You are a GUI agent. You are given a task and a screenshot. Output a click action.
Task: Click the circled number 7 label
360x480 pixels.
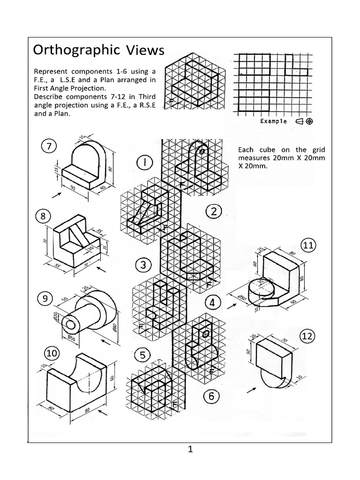tap(49, 147)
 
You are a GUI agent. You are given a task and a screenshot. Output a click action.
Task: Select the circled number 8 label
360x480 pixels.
tap(44, 217)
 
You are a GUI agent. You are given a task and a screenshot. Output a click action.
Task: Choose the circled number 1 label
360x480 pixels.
tap(145, 164)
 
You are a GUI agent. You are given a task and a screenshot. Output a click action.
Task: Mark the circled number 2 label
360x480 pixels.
tap(213, 212)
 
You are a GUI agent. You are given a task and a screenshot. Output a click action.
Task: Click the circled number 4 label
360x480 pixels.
tap(213, 303)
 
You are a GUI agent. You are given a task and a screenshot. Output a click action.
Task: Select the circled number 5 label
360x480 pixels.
tap(142, 354)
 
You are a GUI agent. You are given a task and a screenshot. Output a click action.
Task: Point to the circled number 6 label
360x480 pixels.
tap(211, 397)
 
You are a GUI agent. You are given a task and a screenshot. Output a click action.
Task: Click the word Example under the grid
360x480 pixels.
tap(273, 121)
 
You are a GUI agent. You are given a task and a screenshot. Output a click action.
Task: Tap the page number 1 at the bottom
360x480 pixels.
tap(190, 450)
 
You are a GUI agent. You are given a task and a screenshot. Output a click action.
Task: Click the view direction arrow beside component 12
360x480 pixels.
tap(251, 389)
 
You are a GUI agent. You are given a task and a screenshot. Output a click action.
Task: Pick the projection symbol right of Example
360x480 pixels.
tap(304, 121)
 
